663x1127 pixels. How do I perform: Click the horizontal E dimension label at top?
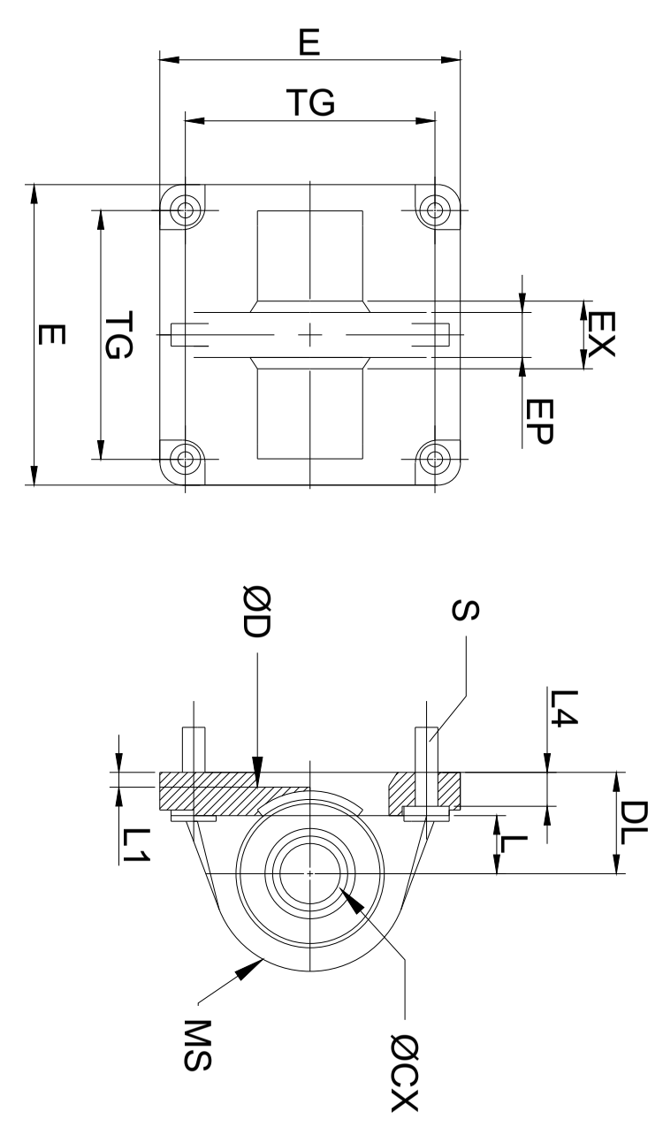pyautogui.click(x=309, y=42)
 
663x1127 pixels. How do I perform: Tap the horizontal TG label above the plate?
pyautogui.click(x=310, y=103)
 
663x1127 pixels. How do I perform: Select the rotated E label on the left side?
pyautogui.click(x=51, y=335)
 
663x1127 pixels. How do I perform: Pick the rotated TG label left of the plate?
pyautogui.click(x=118, y=335)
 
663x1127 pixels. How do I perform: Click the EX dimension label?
pyautogui.click(x=601, y=333)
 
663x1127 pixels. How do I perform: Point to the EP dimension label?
pyautogui.click(x=538, y=422)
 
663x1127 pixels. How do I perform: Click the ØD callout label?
pyautogui.click(x=257, y=612)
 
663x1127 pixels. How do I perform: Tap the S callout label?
pyautogui.click(x=465, y=610)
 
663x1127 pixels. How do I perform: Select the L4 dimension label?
pyautogui.click(x=563, y=708)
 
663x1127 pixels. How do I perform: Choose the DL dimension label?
pyautogui.click(x=633, y=823)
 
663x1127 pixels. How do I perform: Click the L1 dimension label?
pyautogui.click(x=136, y=845)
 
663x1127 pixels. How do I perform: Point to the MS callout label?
pyautogui.click(x=198, y=1045)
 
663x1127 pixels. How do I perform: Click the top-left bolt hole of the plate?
pyautogui.click(x=185, y=209)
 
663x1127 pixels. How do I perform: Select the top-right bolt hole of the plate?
pyautogui.click(x=435, y=209)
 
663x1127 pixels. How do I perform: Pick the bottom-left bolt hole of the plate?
pyautogui.click(x=185, y=459)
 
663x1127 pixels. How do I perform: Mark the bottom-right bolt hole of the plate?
pyautogui.click(x=435, y=459)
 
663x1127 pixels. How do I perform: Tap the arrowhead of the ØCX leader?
pyautogui.click(x=352, y=900)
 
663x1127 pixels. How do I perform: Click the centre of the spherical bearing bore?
pyautogui.click(x=310, y=873)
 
